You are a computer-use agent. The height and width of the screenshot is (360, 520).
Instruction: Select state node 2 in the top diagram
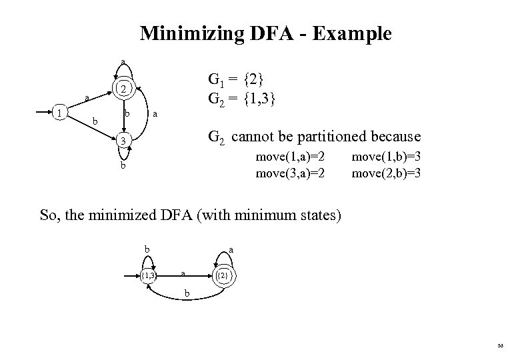[x=123, y=89]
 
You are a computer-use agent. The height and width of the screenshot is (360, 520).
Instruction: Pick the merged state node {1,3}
[x=149, y=274]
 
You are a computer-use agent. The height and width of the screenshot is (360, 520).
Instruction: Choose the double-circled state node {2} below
[x=223, y=275]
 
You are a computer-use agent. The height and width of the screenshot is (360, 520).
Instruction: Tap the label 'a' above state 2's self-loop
[x=123, y=63]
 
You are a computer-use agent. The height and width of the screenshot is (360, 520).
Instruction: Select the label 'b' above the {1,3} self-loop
[x=147, y=249]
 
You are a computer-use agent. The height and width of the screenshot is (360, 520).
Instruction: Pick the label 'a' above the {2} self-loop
[x=231, y=249]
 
